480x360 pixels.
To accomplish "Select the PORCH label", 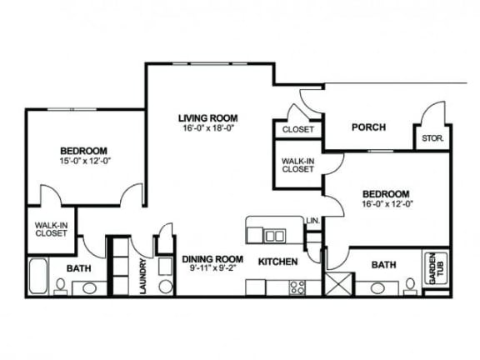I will pos(367,127).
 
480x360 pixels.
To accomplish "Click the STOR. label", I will pos(432,138).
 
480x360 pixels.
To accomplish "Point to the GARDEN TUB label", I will pos(433,269).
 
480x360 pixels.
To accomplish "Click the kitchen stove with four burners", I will pos(297,287).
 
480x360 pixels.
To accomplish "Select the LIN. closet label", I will pos(313,221).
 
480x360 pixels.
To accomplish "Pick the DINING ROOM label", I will pos(212,259).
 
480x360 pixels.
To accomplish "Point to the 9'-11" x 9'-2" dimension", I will pos(212,269).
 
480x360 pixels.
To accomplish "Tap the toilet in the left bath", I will pos(60,286).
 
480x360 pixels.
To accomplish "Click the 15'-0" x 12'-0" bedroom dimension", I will pos(85,161).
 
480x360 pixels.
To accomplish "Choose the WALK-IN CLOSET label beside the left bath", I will pos(51,228).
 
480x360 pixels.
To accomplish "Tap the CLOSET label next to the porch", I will pos(297,130).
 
